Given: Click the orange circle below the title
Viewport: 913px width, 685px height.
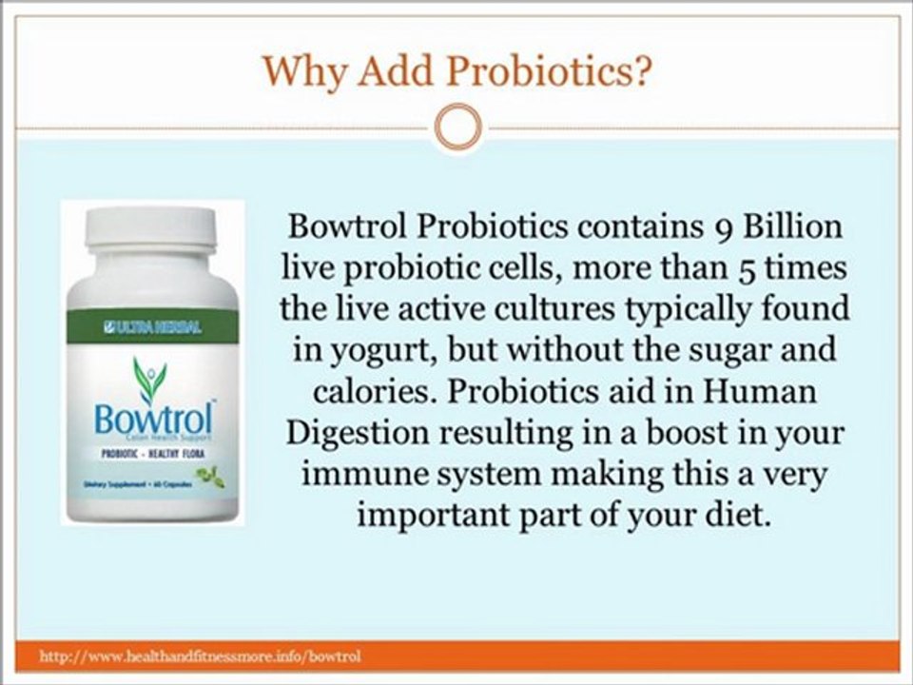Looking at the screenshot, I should [456, 125].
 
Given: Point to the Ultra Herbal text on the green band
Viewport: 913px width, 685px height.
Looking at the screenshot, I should [153, 328].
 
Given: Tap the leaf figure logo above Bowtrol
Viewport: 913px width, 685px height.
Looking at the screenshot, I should [149, 378].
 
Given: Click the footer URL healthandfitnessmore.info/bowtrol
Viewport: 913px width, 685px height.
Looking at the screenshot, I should [200, 656].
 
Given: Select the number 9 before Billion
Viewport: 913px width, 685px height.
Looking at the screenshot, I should [723, 229].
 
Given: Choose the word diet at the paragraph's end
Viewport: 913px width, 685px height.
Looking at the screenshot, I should [739, 515].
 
